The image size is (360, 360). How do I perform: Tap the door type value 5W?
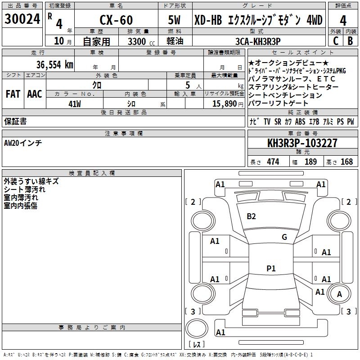(175, 20)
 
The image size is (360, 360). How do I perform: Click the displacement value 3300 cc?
(136, 41)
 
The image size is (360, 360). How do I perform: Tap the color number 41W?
(74, 103)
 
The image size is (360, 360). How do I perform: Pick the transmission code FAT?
(13, 94)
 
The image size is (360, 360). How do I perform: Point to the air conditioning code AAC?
(35, 94)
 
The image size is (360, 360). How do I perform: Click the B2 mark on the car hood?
(251, 216)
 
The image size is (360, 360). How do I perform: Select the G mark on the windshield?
(284, 237)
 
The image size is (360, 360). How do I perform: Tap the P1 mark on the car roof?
(271, 269)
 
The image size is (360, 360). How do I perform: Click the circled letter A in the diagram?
(340, 295)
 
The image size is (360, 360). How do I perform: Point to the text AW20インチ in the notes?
(23, 143)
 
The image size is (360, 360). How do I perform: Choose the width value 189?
(310, 162)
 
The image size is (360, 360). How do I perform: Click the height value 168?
(346, 162)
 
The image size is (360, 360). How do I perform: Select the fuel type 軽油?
(175, 41)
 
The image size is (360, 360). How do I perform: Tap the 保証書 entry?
(15, 121)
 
